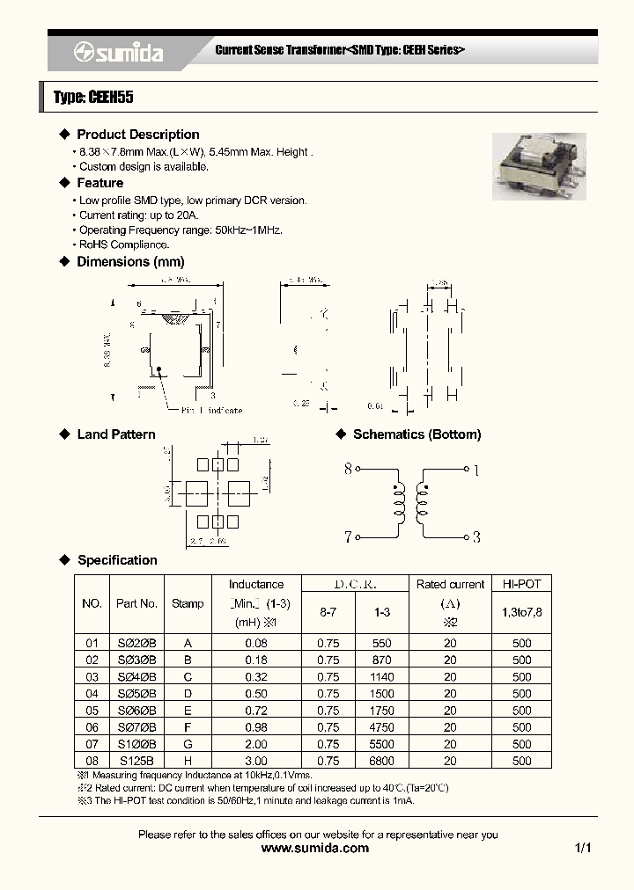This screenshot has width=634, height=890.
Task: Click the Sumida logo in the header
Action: [118, 53]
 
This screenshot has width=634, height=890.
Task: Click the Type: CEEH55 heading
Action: [93, 98]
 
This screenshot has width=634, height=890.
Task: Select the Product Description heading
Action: [137, 135]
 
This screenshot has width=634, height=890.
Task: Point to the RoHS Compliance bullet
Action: [123, 244]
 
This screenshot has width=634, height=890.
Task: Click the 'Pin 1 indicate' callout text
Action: [211, 410]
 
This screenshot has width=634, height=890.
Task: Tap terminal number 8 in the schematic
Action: [348, 470]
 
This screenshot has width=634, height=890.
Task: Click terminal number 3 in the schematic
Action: [475, 536]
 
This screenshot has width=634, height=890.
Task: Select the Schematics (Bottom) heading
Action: [417, 434]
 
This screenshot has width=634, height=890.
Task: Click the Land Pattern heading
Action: [115, 434]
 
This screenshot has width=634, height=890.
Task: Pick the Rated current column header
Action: [450, 585]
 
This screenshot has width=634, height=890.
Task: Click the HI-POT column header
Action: [521, 585]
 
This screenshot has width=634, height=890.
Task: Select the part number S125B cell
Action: [136, 761]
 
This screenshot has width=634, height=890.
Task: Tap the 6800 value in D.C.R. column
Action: [382, 761]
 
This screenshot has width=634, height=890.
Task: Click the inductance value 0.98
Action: [255, 727]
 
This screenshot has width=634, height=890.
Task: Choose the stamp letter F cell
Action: [187, 727]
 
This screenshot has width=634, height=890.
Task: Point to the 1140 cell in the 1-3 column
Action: [382, 677]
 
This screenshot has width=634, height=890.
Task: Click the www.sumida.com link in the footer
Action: [316, 849]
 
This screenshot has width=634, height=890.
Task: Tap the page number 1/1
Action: [583, 849]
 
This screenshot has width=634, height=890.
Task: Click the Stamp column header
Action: [187, 604]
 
